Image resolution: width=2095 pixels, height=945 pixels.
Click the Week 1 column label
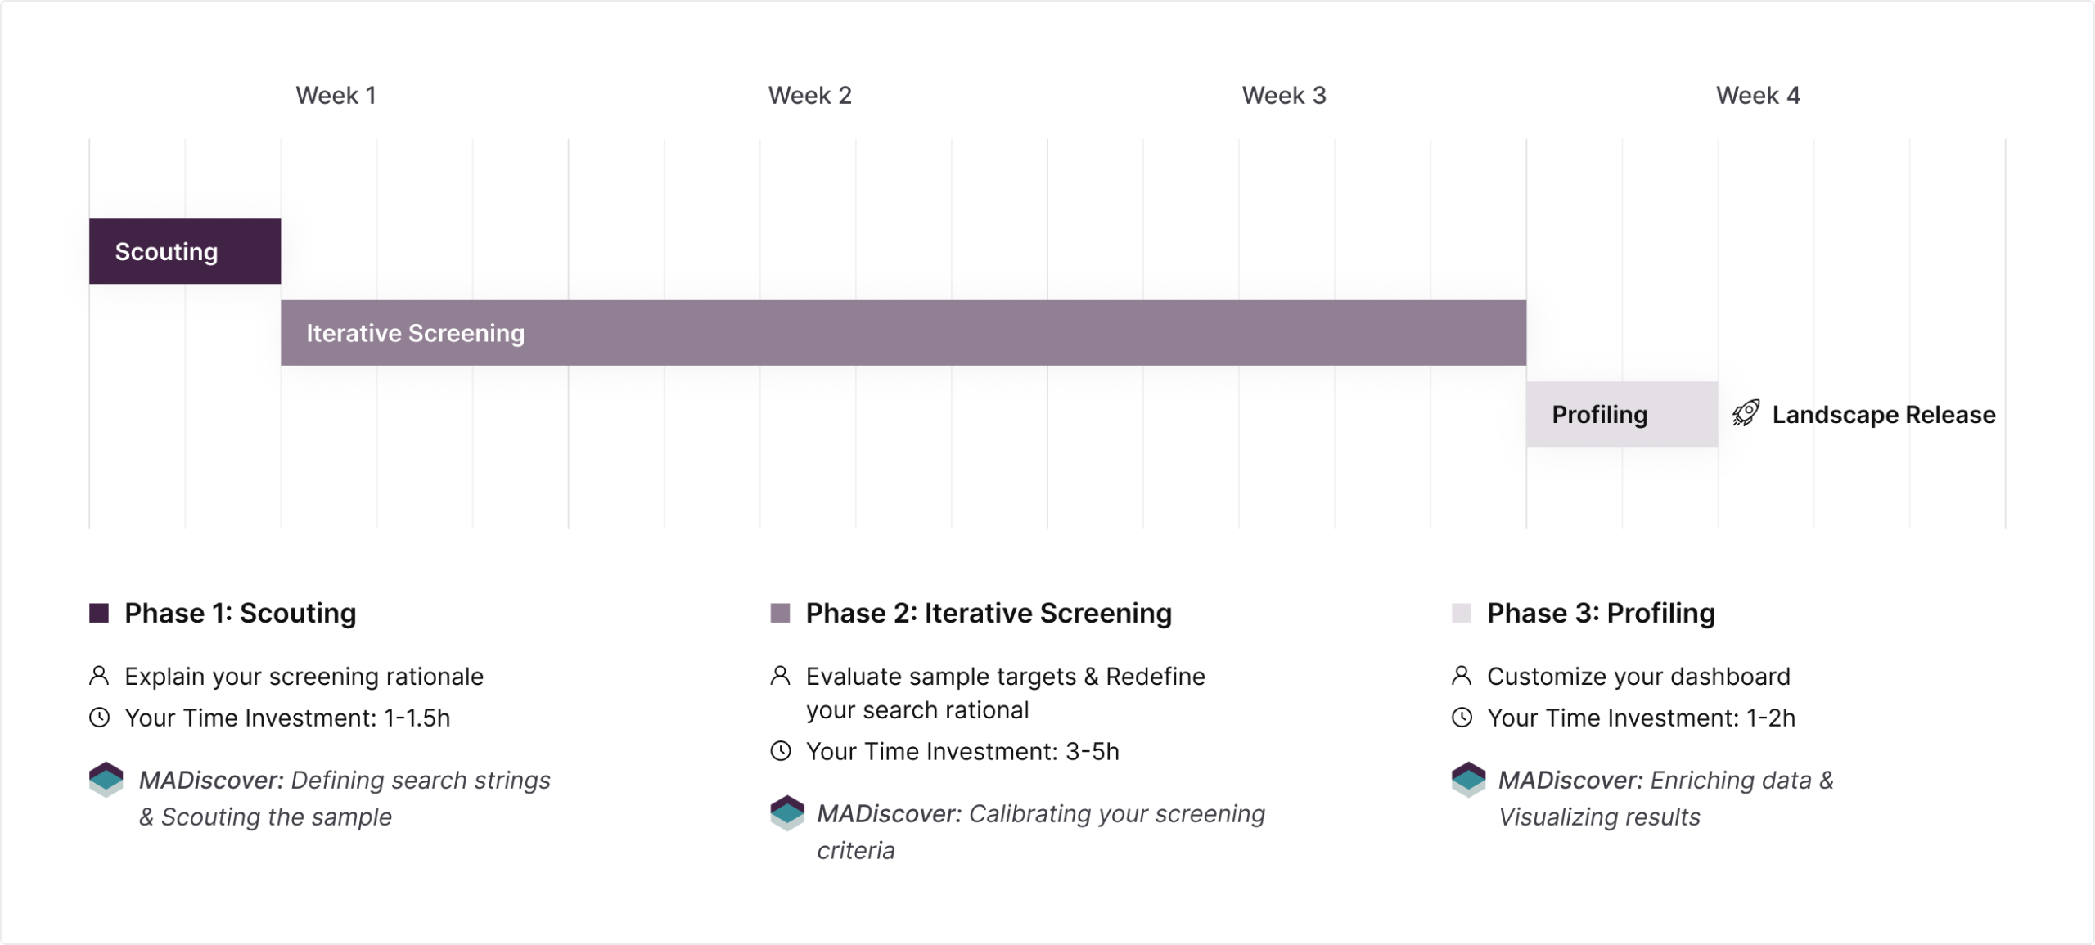[336, 96]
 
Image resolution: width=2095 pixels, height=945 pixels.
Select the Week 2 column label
[809, 96]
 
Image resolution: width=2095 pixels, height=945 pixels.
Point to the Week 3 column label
[1283, 96]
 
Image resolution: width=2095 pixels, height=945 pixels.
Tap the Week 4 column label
[1758, 96]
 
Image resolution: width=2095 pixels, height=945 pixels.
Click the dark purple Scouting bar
[185, 251]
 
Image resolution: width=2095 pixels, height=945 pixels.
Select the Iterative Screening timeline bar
[903, 333]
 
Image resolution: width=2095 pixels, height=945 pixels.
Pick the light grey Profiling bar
[1622, 414]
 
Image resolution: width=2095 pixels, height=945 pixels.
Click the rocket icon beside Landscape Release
[1746, 413]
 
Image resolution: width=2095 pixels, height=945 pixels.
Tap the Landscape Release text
[1884, 415]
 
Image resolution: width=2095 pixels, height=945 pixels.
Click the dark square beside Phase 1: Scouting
[99, 613]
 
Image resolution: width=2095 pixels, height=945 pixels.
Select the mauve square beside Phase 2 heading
[780, 613]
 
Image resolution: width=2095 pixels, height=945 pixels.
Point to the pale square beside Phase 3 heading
[1462, 613]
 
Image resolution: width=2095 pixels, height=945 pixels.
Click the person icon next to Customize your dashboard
[1462, 676]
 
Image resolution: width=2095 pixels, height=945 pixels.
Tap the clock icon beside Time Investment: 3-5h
[781, 751]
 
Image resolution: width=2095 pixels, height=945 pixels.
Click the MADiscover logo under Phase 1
[106, 780]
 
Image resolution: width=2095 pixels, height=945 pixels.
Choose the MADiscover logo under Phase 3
[1469, 780]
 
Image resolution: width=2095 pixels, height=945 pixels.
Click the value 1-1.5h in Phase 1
[417, 718]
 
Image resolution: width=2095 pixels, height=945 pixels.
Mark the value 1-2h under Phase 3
[1771, 718]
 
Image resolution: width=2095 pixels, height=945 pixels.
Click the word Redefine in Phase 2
[1156, 677]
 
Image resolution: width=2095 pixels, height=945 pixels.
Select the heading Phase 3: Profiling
[1601, 613]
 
